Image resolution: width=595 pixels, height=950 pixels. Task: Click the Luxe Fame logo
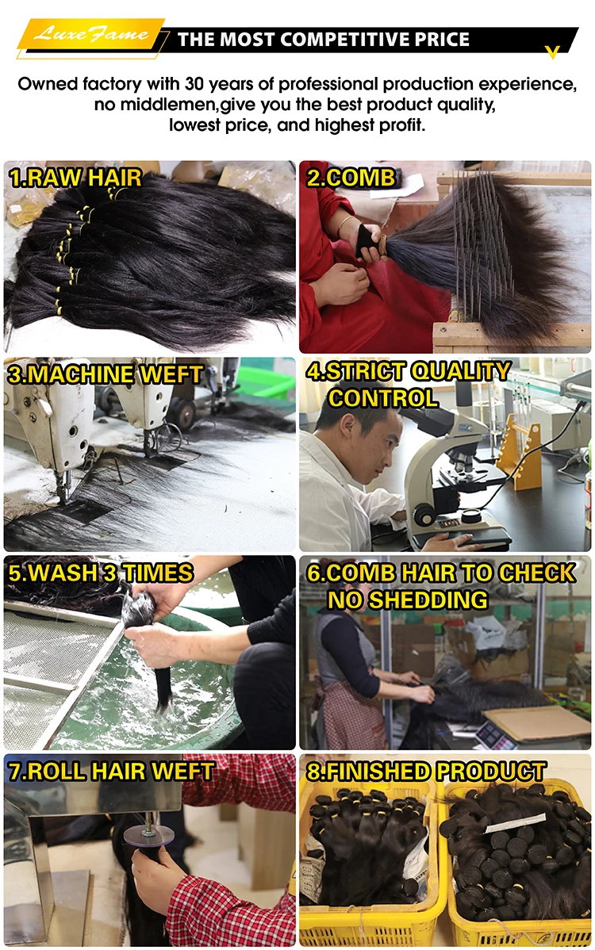91,34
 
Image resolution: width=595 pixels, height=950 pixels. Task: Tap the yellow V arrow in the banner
552,52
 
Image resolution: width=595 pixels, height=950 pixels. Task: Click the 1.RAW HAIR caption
75,178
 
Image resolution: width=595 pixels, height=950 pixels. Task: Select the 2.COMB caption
351,178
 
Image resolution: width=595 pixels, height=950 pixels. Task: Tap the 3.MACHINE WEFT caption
105,374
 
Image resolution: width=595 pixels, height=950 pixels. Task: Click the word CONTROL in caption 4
383,398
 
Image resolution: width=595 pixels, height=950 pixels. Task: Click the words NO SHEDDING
408,599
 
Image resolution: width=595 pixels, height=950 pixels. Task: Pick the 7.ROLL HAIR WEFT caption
112,772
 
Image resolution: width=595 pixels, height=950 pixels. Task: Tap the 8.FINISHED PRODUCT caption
426,772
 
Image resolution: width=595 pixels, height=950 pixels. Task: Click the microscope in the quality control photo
448,473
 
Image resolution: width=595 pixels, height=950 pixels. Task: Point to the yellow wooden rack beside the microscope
520,454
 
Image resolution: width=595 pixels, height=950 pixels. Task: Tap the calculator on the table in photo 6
493,735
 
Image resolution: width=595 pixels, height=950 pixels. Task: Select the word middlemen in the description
163,105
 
